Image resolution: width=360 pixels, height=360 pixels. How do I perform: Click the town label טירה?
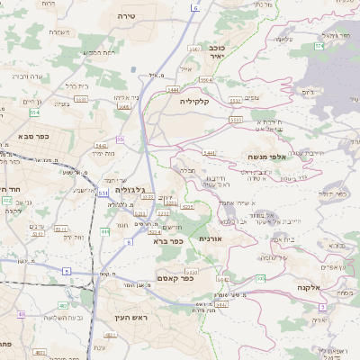tap(126, 16)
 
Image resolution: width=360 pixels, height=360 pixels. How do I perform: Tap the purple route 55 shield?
tap(121, 139)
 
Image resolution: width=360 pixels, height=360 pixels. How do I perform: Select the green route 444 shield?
tap(105, 232)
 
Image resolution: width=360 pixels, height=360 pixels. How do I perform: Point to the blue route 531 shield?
tap(103, 193)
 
